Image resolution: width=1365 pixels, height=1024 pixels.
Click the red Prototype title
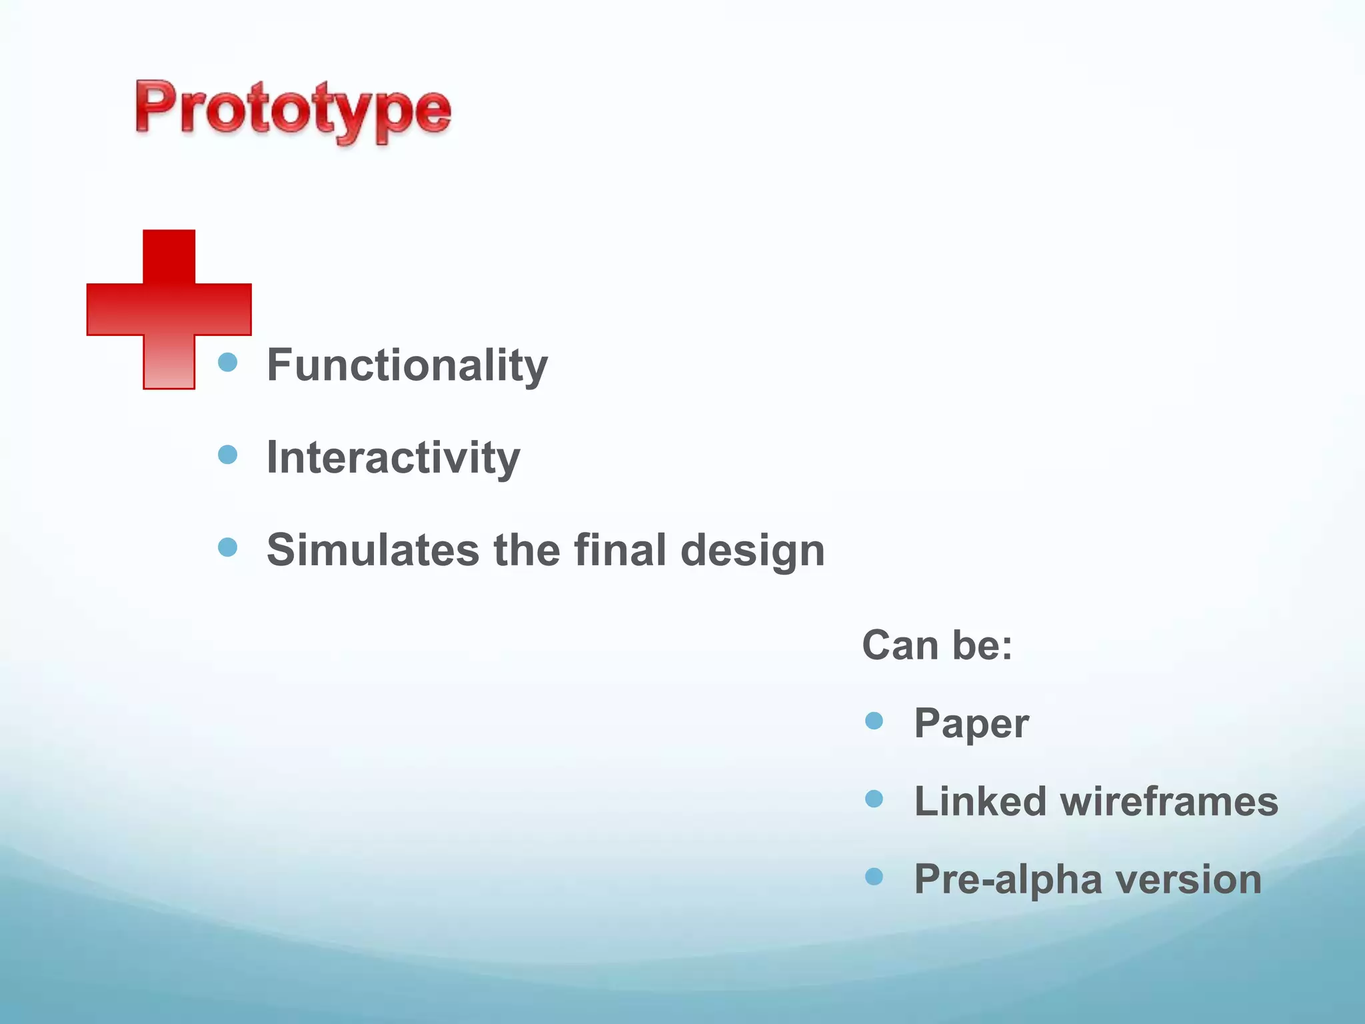click(293, 110)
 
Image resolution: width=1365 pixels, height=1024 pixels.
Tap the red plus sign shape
click(169, 309)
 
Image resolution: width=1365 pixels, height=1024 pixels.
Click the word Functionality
click(407, 365)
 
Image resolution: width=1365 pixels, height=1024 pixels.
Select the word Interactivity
click(393, 458)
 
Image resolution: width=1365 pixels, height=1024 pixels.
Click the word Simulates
click(373, 550)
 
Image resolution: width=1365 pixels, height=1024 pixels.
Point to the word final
click(620, 550)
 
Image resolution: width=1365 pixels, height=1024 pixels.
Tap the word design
click(752, 551)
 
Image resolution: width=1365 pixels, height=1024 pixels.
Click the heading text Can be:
click(937, 645)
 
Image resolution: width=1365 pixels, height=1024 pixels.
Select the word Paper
click(971, 724)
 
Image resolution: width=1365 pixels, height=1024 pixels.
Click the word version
click(1189, 879)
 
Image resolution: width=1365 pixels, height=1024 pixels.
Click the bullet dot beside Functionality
click(228, 362)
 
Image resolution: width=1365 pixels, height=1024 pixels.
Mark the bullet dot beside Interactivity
click(228, 455)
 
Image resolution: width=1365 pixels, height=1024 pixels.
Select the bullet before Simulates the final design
click(228, 547)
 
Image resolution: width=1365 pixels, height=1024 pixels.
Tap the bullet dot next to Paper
click(874, 721)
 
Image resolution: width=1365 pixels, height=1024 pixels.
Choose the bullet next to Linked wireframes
click(874, 799)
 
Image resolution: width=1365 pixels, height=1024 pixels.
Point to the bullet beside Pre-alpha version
click(874, 877)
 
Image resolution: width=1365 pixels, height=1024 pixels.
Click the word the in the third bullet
click(526, 550)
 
